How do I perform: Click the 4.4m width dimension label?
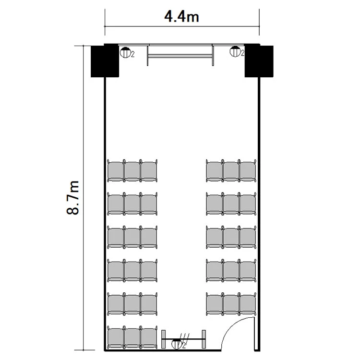[181, 17]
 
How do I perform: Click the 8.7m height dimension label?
[73, 198]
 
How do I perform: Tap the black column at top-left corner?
[105, 60]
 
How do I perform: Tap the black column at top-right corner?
[259, 60]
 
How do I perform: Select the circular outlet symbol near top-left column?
[125, 52]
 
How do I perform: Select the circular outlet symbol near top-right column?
[235, 51]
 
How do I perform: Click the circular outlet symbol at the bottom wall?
[177, 344]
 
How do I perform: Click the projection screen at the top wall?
[180, 55]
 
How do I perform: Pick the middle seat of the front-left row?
[132, 170]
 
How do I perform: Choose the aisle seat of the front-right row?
[214, 170]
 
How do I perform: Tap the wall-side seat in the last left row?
[116, 337]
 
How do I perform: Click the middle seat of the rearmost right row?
[231, 304]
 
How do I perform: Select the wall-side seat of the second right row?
[248, 204]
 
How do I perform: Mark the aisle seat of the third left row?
[149, 237]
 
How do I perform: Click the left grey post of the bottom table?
[164, 339]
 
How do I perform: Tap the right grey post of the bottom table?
[204, 339]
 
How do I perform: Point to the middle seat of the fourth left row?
[132, 270]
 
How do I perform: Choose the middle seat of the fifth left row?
[132, 304]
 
